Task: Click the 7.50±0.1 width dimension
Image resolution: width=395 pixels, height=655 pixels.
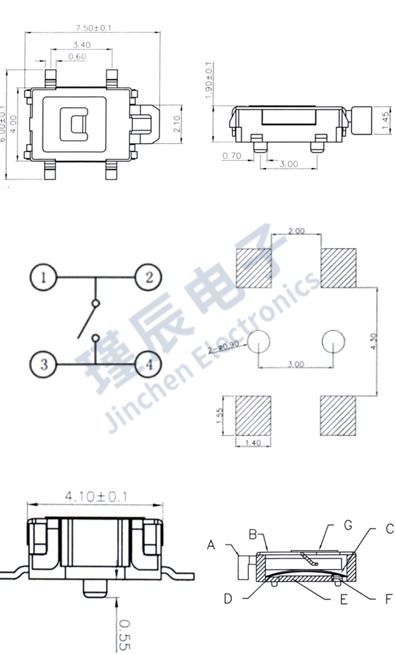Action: point(93,28)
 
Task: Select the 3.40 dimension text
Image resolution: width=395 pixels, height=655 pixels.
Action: point(82,45)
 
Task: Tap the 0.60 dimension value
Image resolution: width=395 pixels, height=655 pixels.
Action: point(77,57)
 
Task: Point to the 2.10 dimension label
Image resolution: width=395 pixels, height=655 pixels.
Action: point(177,124)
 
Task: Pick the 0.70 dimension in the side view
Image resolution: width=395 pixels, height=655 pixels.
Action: point(232,155)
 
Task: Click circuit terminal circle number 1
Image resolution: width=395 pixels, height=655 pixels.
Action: point(43,278)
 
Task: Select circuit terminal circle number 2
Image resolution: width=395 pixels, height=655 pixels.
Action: point(149,278)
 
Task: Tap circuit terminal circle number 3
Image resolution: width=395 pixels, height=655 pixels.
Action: point(43,365)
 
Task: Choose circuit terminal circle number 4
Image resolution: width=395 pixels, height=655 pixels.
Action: point(149,365)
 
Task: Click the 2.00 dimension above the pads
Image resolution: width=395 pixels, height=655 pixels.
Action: point(296,231)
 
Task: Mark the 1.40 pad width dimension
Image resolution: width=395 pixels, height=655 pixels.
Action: point(253,443)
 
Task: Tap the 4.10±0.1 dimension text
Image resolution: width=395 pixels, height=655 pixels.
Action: point(96,496)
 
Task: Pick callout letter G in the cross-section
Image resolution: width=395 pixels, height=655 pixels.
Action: point(348,525)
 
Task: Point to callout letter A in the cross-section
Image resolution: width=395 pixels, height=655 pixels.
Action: point(211,546)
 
